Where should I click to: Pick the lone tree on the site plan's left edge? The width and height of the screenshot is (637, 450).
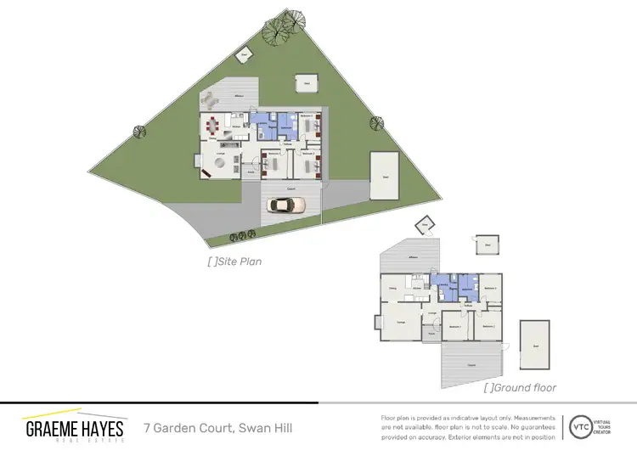tap(138, 132)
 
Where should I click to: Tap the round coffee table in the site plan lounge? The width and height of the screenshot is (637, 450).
tap(219, 163)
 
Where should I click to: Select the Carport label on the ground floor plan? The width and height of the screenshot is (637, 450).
tap(471, 365)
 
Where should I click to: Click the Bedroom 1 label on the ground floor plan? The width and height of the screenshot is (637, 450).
tap(454, 326)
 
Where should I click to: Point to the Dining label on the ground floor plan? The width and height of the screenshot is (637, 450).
tap(392, 290)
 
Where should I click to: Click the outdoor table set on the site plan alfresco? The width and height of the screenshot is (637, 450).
tap(208, 100)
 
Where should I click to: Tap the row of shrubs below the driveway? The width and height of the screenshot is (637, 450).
tap(239, 235)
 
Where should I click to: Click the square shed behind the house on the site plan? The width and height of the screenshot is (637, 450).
tap(306, 82)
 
